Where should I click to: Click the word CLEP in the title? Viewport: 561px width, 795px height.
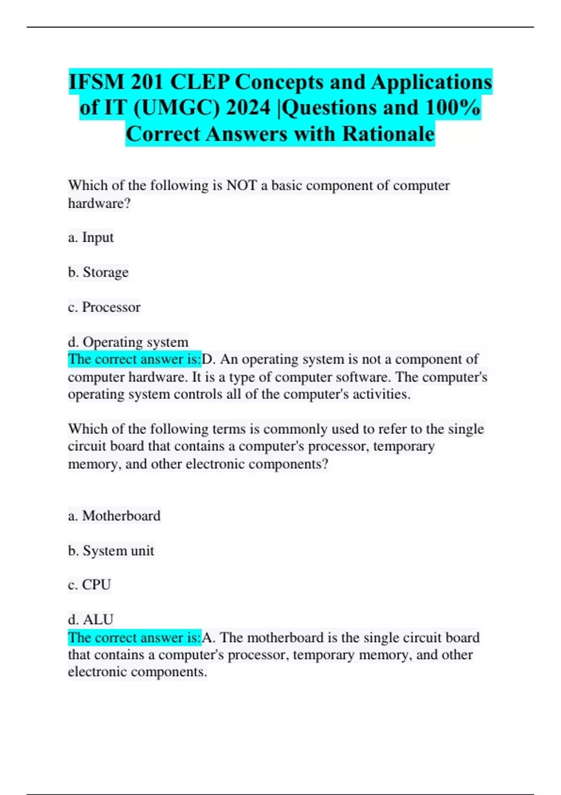coord(200,82)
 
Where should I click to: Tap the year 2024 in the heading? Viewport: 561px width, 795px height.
coord(248,108)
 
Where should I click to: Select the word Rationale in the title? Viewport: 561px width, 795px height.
coord(388,134)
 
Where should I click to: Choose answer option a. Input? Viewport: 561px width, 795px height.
coord(91,238)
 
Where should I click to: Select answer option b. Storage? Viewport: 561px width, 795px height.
coord(98,272)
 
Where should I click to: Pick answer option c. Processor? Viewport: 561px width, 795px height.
coord(104,307)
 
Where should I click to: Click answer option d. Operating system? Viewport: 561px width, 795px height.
coord(128,342)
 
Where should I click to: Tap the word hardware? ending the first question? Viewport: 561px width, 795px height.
coord(99,203)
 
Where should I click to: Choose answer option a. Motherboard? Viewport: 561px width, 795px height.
coord(114,516)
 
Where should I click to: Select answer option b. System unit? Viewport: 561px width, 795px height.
coord(111,550)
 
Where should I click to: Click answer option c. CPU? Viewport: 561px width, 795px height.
coord(89,585)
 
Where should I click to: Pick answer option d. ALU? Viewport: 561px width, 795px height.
coord(91,620)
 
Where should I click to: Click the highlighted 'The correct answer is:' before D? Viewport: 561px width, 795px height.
coord(134,359)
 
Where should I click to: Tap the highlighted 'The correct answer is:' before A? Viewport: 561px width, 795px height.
coord(134,637)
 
